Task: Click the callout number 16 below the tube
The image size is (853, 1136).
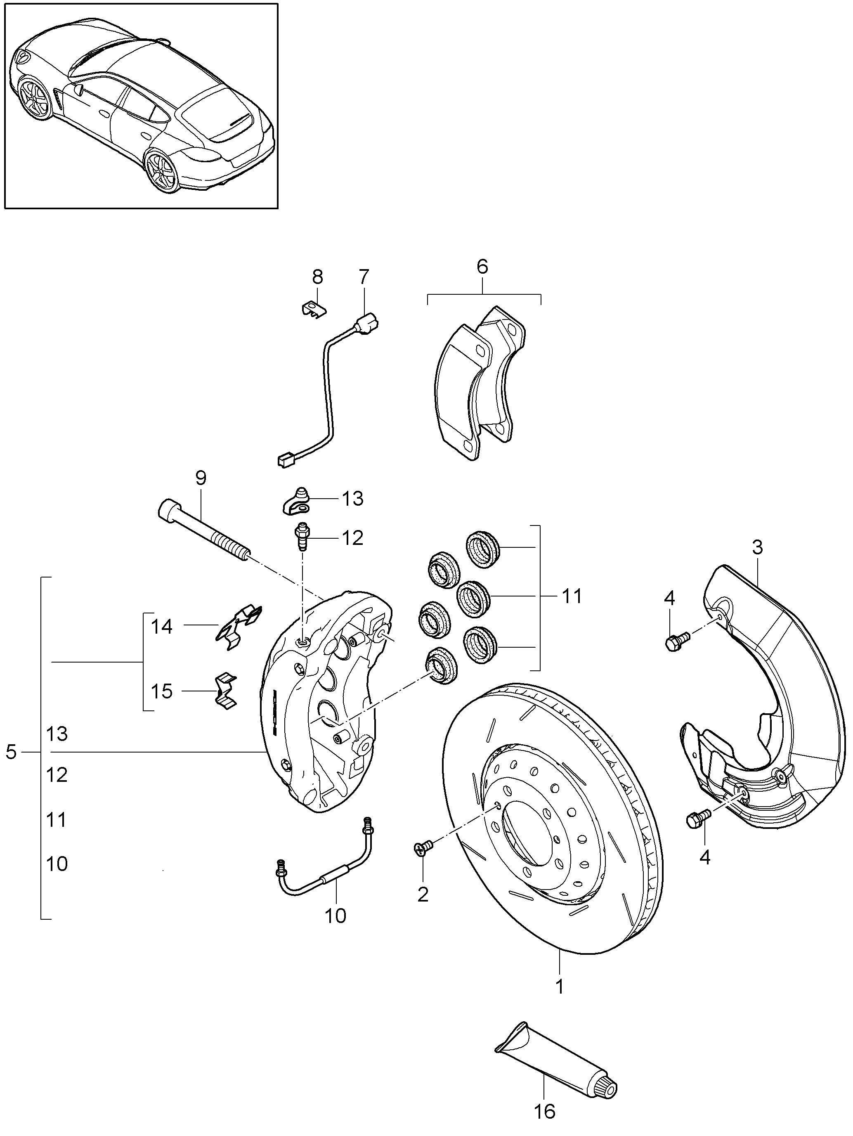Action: (x=544, y=1111)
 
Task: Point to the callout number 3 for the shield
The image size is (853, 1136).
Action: (x=758, y=547)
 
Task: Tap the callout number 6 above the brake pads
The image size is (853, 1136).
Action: (x=482, y=267)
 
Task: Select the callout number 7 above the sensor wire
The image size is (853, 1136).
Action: (x=364, y=277)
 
